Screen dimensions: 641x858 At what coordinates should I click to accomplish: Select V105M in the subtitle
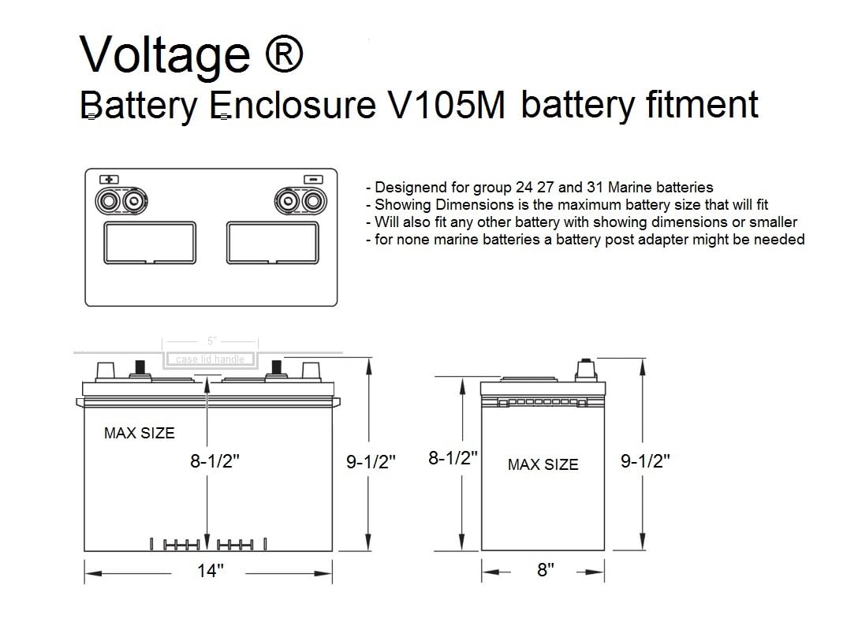(x=446, y=106)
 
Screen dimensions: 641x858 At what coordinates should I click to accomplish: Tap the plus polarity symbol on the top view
(x=108, y=179)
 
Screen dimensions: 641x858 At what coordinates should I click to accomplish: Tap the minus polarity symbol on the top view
(x=313, y=179)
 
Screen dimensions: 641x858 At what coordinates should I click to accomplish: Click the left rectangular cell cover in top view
(x=150, y=242)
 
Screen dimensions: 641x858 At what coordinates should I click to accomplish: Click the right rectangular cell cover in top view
(x=273, y=242)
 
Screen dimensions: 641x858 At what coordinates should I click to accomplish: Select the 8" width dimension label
(x=545, y=570)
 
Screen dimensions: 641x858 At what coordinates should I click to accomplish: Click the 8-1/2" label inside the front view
(x=214, y=462)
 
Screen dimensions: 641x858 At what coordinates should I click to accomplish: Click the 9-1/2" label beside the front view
(x=371, y=462)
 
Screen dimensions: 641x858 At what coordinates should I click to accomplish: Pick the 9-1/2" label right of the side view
(x=645, y=461)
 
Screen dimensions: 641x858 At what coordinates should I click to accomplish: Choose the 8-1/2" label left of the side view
(x=453, y=458)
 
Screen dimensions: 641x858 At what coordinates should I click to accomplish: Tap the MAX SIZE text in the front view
(x=140, y=433)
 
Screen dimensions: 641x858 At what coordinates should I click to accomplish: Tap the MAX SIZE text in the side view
(x=543, y=465)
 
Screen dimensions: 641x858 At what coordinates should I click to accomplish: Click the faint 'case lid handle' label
(x=211, y=360)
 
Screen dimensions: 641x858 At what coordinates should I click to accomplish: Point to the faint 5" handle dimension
(x=211, y=341)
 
